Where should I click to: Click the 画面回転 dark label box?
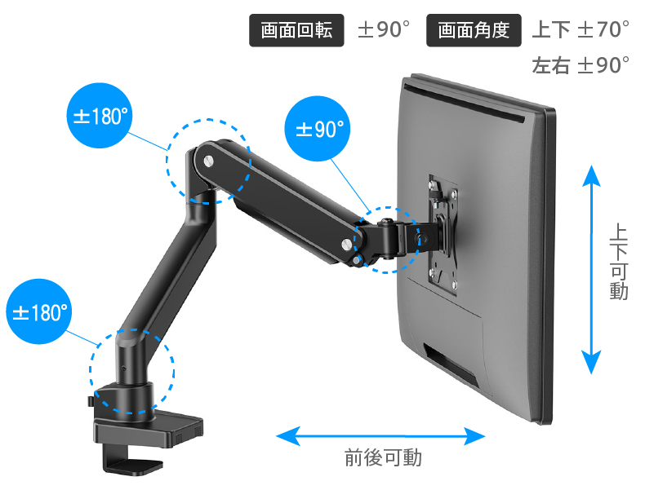tap(296, 30)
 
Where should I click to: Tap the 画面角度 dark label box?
tap(474, 30)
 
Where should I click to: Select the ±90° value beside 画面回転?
tap(384, 29)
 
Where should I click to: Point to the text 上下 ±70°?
tap(581, 29)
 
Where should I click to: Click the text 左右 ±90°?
tap(581, 65)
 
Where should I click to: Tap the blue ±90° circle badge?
tap(318, 128)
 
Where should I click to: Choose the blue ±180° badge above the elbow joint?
tap(100, 116)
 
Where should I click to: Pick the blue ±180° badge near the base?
tap(39, 311)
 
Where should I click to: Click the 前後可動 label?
tap(383, 457)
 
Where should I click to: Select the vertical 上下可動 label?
tap(619, 262)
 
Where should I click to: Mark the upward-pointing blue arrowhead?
tap(591, 176)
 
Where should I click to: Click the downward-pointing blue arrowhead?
tap(591, 363)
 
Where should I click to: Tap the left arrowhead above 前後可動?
tap(288, 436)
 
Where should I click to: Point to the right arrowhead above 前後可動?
tap(474, 436)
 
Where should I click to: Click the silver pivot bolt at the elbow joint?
tap(208, 161)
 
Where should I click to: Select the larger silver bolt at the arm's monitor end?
tap(347, 245)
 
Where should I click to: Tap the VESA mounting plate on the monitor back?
tap(443, 236)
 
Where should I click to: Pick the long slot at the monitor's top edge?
tap(464, 104)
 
